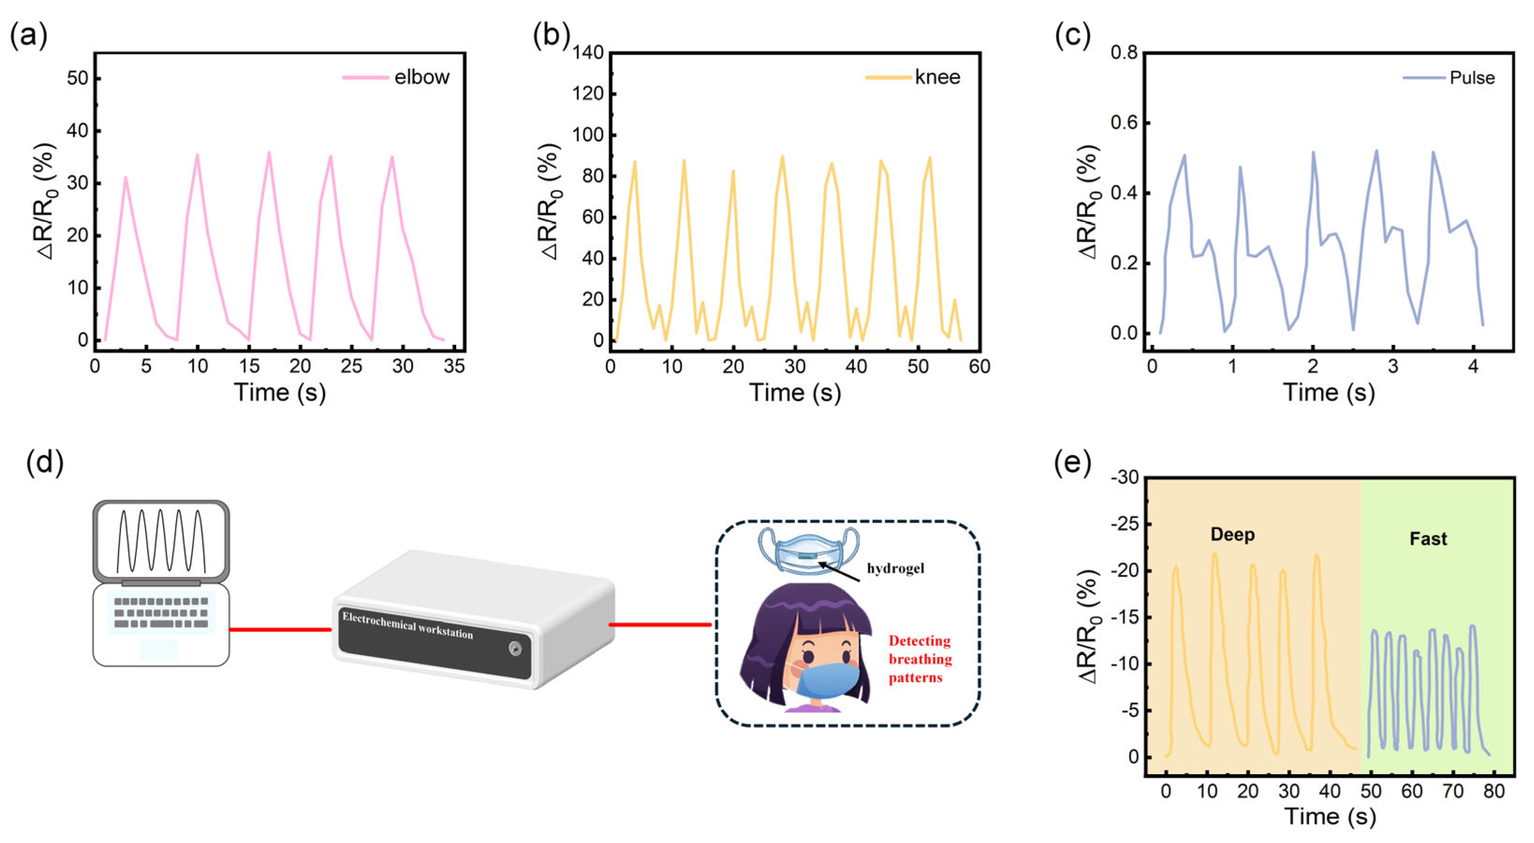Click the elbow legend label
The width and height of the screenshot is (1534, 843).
(421, 77)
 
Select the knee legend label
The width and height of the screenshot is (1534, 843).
(937, 77)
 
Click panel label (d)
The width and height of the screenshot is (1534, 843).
(44, 463)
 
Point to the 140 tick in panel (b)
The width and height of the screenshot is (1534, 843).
(588, 53)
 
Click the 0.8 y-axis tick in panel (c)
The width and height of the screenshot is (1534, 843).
(1124, 53)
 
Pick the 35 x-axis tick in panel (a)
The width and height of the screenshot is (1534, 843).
(454, 366)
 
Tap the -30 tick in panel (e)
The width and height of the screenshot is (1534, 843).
(1124, 478)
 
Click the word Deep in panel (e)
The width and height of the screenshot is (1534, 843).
(1232, 534)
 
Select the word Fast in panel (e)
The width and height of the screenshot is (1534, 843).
(1428, 539)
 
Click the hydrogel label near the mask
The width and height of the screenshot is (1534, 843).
(895, 568)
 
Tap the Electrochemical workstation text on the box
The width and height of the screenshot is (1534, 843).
(408, 625)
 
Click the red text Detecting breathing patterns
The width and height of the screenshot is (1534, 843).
(920, 659)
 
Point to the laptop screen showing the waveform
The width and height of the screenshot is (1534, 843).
(161, 540)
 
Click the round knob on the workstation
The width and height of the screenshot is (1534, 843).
(515, 648)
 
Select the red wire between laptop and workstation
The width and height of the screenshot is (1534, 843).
(280, 629)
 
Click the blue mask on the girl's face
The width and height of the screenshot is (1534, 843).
(828, 679)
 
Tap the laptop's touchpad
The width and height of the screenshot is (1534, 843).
(159, 649)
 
